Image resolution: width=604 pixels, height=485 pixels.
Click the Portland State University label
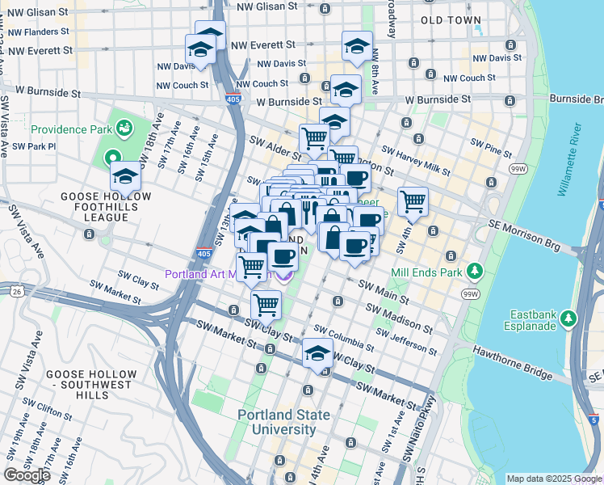283,422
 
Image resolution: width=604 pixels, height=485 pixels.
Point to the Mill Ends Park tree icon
476,271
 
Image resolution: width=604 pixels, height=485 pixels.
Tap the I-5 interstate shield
594,421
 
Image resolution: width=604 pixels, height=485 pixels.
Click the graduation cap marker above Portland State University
318,353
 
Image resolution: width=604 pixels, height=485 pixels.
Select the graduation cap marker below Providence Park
125,175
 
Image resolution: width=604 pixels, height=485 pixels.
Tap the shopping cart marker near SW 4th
413,200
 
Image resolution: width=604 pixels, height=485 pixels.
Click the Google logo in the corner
27,475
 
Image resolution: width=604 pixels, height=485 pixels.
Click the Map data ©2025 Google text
553,479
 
